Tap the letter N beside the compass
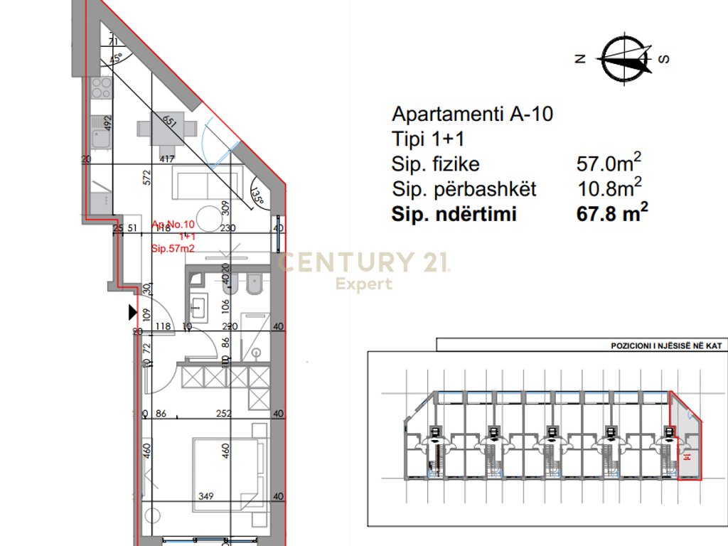[x=580, y=60]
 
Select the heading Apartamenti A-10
[x=472, y=114]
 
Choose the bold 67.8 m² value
[x=612, y=214]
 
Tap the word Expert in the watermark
[x=364, y=284]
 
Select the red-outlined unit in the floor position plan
[x=686, y=441]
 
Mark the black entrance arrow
[x=132, y=312]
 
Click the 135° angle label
[x=257, y=196]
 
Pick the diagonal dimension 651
[x=168, y=121]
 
